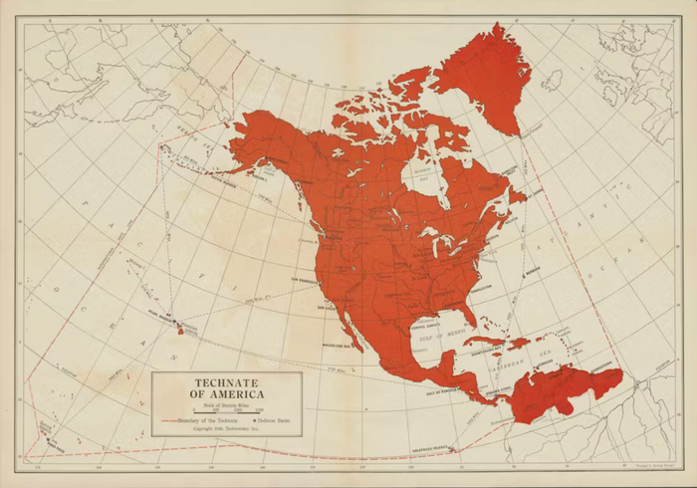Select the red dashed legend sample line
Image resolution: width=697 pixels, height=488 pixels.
(x=166, y=421)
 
